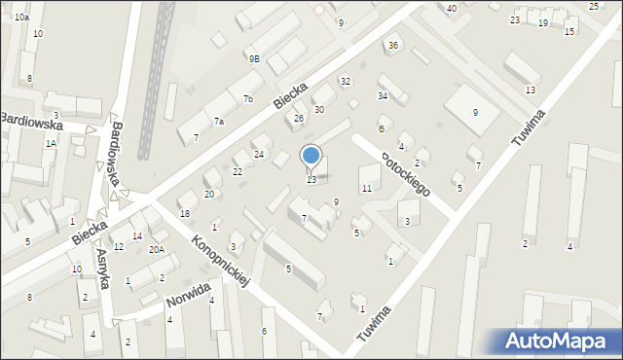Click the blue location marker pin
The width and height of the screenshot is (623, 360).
[311, 156]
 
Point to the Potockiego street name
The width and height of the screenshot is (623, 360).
[406, 173]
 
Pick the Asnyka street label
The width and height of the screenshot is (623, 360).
[104, 265]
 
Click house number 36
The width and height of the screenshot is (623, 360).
[392, 46]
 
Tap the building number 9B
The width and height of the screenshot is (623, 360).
[254, 58]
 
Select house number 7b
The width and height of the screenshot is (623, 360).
[248, 99]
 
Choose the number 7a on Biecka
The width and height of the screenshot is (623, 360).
[219, 122]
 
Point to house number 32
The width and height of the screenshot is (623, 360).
[345, 81]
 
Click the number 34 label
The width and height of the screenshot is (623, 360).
[383, 95]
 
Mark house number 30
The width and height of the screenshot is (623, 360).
[318, 110]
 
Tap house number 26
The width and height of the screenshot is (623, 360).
[299, 119]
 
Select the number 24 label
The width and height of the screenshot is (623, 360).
[259, 154]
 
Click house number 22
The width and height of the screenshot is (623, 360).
[238, 171]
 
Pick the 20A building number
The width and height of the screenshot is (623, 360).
[157, 249]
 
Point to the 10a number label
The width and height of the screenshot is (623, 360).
[21, 18]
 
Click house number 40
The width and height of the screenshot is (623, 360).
[451, 8]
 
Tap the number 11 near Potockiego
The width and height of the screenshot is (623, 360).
[366, 188]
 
